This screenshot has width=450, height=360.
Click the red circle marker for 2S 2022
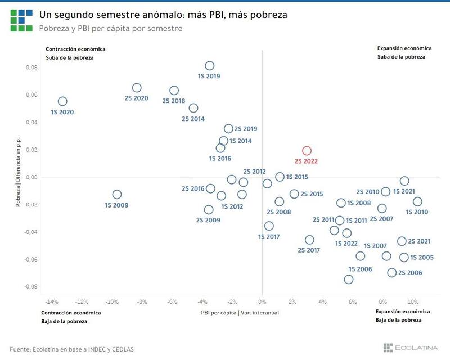point(307,151)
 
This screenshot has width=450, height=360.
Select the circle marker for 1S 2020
point(62,101)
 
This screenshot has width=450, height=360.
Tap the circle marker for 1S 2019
point(209,66)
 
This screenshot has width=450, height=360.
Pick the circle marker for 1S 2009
point(117,195)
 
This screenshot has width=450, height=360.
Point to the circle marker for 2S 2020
point(137,88)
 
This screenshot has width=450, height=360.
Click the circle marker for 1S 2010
point(417,202)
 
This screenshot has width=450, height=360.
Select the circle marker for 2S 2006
point(392,273)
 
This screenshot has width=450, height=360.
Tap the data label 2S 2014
point(193,119)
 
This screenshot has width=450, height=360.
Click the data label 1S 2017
point(269,237)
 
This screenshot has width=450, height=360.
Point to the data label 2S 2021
point(420,241)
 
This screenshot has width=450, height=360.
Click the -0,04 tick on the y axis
point(29,232)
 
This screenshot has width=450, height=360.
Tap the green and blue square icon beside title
point(21,20)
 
